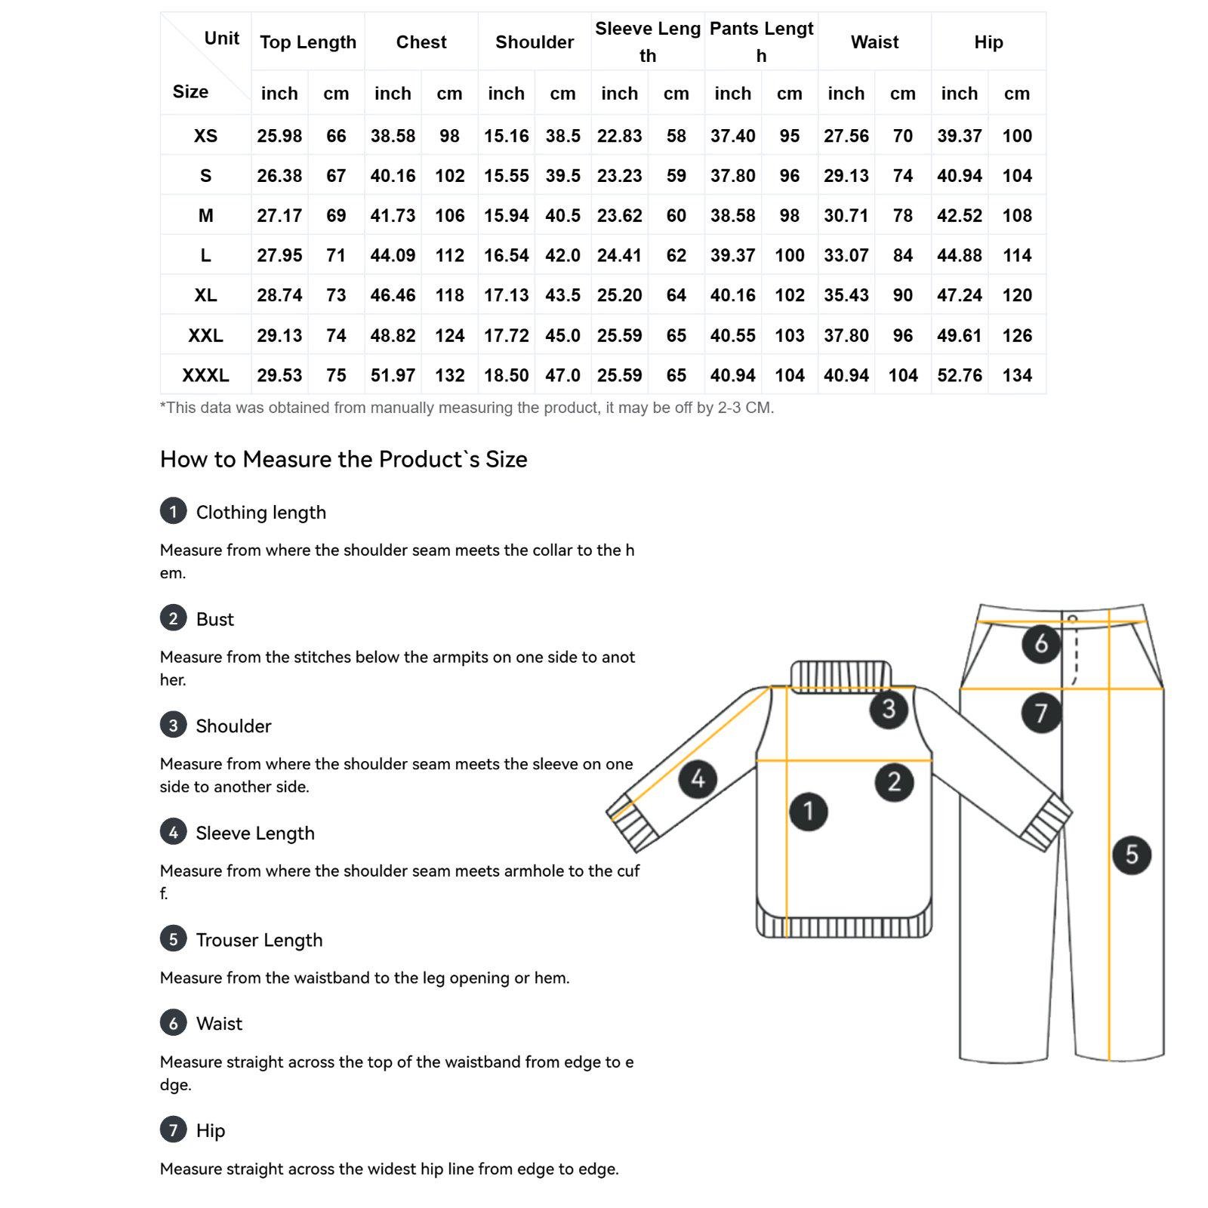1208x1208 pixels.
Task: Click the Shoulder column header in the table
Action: tap(535, 42)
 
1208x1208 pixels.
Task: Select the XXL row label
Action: tap(205, 335)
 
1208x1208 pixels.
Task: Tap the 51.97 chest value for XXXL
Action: tap(393, 375)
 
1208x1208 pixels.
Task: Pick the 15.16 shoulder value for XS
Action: tap(506, 136)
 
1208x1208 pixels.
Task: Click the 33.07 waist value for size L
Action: tap(846, 255)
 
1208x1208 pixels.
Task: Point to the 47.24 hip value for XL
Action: tap(959, 295)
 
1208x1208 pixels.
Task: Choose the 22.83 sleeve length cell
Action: tap(619, 136)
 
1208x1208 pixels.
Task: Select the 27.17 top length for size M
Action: tap(279, 216)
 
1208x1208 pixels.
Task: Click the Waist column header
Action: tap(874, 42)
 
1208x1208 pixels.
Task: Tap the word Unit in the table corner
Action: tap(221, 39)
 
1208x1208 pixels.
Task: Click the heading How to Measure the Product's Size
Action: tap(344, 459)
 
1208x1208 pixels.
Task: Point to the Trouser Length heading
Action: tap(259, 940)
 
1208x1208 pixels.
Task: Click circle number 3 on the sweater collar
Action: tap(889, 709)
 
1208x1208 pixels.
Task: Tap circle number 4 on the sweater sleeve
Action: tap(698, 778)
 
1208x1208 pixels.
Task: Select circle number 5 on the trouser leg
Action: tap(1132, 855)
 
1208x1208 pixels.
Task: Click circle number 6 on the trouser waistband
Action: tap(1041, 644)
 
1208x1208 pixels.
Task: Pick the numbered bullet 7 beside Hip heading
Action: tap(173, 1129)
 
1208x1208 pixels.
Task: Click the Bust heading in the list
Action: tap(215, 619)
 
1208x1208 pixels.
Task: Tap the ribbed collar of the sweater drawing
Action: tap(840, 675)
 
